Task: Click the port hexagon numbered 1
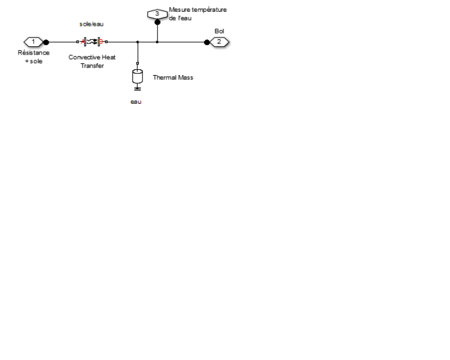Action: click(33, 42)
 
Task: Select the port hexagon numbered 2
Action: click(219, 42)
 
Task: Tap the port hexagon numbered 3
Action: click(157, 13)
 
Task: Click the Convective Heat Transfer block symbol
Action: click(93, 42)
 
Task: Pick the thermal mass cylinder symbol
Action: click(138, 76)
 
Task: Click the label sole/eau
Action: click(92, 24)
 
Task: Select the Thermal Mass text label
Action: click(172, 77)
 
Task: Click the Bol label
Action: click(219, 30)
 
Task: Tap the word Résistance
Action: click(33, 52)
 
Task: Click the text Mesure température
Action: click(197, 10)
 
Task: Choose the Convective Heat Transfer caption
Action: click(92, 61)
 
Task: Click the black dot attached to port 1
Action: click(46, 42)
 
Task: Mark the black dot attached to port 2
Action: click(206, 42)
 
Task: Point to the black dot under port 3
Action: click(157, 22)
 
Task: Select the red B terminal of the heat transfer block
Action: click(100, 42)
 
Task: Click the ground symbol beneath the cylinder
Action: click(138, 89)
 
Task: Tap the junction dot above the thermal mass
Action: click(138, 42)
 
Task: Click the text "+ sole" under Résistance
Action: click(33, 60)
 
